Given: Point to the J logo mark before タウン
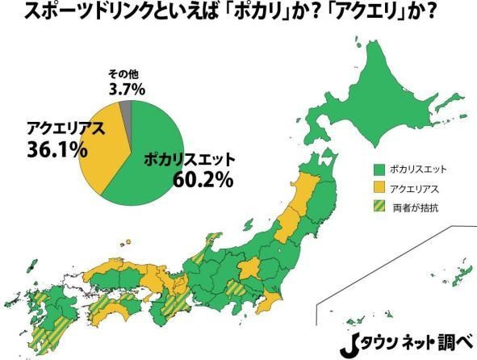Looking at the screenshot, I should [355, 341].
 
